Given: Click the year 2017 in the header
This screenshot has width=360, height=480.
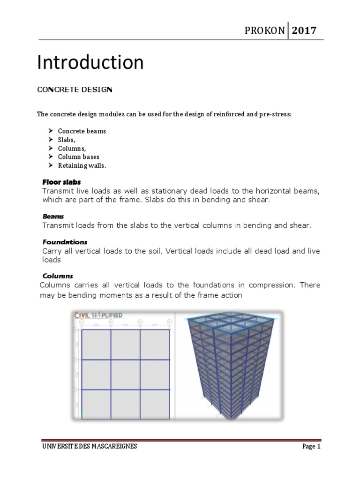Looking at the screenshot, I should pyautogui.click(x=305, y=31).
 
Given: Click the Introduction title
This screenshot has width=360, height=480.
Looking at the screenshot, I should pyautogui.click(x=90, y=62).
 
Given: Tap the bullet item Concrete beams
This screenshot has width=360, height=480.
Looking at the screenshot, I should pyautogui.click(x=82, y=131).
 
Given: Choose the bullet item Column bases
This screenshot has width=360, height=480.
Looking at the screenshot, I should pyautogui.click(x=79, y=157).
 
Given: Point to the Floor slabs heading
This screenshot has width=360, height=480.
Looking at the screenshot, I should pyautogui.click(x=61, y=182).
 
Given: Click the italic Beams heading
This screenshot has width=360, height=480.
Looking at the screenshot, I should pyautogui.click(x=51, y=217).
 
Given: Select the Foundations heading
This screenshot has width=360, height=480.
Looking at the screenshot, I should pyautogui.click(x=65, y=242).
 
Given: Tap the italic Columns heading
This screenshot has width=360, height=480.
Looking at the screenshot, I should pyautogui.click(x=58, y=276).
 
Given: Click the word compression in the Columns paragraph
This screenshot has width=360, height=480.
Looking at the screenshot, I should pyautogui.click(x=270, y=285).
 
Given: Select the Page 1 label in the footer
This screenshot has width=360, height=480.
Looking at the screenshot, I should pyautogui.click(x=311, y=447).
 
